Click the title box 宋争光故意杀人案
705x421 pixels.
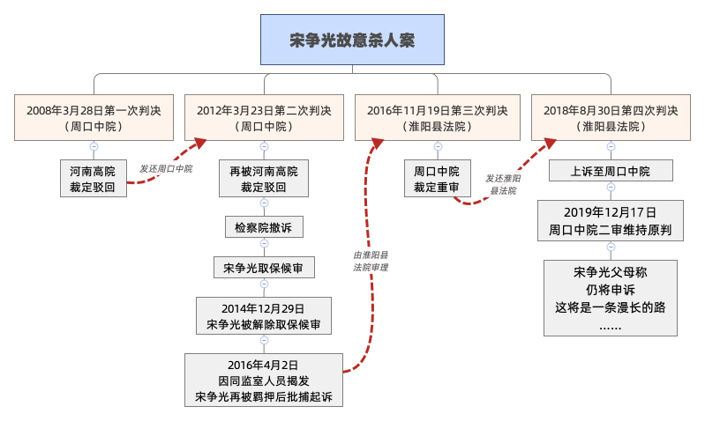point(352,41)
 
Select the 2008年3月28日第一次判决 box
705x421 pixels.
point(93,118)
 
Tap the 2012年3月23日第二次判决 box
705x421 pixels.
point(264,118)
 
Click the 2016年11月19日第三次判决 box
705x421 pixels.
point(437,118)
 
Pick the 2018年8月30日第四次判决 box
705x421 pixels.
point(611,118)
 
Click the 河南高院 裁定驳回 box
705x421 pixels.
point(93,178)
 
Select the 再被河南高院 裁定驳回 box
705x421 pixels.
point(264,178)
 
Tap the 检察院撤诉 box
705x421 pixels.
point(264,226)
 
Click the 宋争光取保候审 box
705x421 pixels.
point(264,268)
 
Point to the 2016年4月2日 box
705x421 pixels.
point(264,380)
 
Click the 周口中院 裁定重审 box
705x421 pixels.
point(437,178)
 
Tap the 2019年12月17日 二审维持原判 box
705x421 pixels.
point(611,220)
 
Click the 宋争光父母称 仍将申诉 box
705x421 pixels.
point(611,297)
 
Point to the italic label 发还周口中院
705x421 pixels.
point(166,168)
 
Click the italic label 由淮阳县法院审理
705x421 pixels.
point(371,261)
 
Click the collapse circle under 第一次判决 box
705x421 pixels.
point(93,147)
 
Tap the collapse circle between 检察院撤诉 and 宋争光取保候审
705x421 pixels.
point(264,246)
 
